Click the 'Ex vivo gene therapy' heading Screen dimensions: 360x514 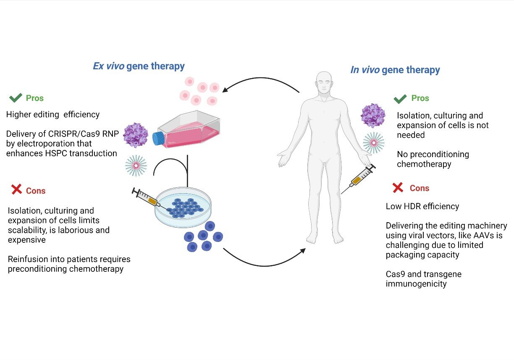tap(139, 66)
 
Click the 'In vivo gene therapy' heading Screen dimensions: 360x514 tap(395, 70)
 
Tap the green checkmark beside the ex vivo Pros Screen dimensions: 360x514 tap(16, 98)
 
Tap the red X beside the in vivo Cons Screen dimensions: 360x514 tap(398, 188)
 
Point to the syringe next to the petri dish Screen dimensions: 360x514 tap(147, 197)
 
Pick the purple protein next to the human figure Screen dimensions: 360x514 tap(373, 115)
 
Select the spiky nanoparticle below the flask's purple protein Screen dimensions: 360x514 tap(136, 165)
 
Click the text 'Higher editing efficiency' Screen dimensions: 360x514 tap(53, 114)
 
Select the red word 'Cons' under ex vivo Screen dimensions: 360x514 tap(36, 191)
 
